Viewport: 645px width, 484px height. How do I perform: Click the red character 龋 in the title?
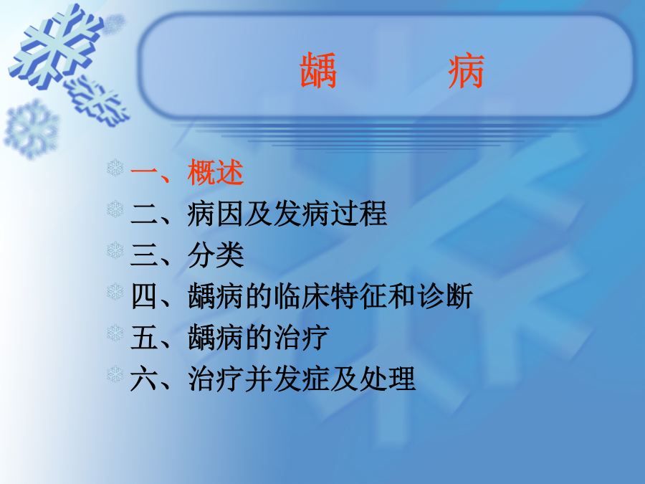(318, 71)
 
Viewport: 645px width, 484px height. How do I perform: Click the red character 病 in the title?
(466, 71)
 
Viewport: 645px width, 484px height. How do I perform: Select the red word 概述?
(216, 172)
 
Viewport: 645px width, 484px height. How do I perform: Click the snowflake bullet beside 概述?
(115, 168)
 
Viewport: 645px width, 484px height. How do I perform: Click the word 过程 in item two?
(359, 214)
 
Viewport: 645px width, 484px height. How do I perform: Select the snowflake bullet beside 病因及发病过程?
(115, 209)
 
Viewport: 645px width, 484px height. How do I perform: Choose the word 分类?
(216, 255)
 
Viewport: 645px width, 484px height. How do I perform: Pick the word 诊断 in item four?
(444, 296)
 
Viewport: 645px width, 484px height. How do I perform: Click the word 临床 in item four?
(302, 296)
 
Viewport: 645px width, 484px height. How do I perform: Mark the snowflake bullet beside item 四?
(115, 291)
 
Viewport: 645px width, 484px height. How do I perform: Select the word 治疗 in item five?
(302, 338)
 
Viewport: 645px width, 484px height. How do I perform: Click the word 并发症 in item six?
(287, 379)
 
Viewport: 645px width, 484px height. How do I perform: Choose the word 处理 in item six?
(387, 379)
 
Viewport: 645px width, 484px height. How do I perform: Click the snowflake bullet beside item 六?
(115, 374)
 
